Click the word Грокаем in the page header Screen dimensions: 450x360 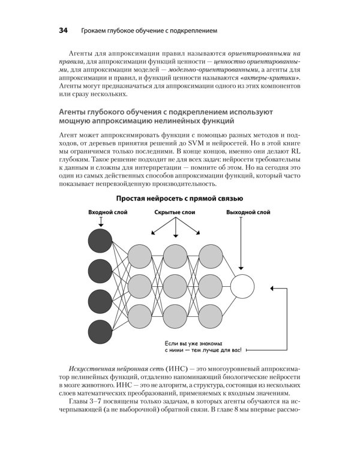click(92, 29)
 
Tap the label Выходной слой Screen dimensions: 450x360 click(248, 213)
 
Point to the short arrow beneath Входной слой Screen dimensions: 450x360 click(100, 222)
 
